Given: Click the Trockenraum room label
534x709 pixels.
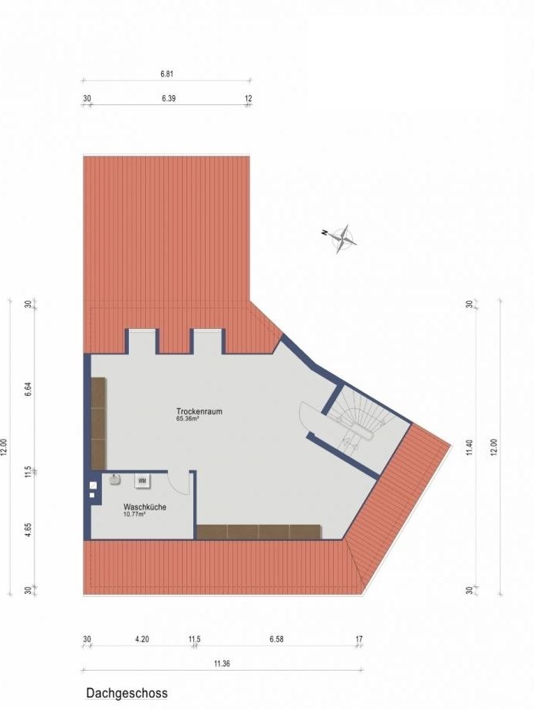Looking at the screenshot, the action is click(199, 411).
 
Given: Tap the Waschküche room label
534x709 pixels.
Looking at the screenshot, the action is click(145, 507).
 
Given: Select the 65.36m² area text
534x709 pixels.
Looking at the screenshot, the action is click(188, 419).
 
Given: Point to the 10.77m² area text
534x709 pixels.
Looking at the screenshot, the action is click(134, 514).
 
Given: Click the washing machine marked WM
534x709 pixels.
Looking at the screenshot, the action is click(143, 481).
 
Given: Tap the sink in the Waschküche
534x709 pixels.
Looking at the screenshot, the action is click(115, 480).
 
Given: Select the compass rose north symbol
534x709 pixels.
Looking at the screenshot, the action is click(343, 239).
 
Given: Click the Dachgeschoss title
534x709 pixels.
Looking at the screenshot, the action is click(127, 693).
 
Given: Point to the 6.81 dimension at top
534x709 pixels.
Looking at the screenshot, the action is click(166, 74).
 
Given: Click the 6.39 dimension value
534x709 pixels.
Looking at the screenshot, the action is click(169, 98).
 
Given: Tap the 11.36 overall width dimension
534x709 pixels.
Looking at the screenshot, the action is click(222, 664).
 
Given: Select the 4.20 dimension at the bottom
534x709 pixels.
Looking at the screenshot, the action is click(142, 639).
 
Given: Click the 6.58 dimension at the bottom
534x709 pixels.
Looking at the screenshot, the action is click(276, 639).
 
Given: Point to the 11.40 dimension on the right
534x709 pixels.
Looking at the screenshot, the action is click(470, 447).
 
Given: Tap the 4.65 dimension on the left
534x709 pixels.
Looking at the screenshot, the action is click(28, 529).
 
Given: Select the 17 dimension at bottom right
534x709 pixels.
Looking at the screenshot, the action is click(359, 639).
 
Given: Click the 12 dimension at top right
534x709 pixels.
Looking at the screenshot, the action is click(249, 98).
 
